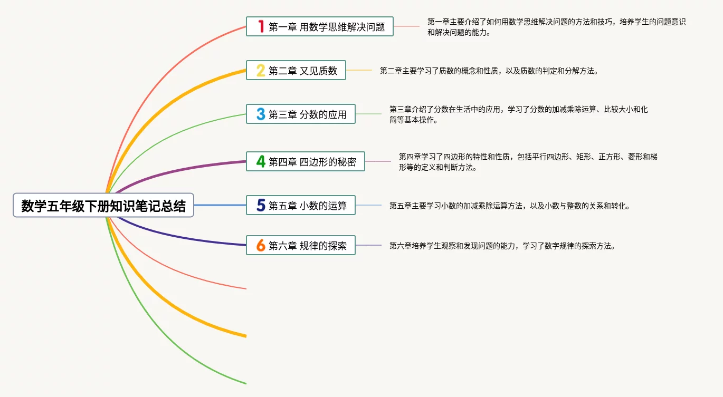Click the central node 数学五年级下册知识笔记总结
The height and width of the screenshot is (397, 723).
[x=103, y=205]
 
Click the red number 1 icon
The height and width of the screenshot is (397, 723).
[x=261, y=26]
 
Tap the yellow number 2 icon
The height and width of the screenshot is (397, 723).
[x=261, y=70]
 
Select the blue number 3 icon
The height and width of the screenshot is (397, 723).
[x=261, y=114]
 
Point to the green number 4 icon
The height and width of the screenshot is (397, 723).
[x=261, y=161]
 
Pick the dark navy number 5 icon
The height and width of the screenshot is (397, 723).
[x=261, y=205]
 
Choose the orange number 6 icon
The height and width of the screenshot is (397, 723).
[x=261, y=245]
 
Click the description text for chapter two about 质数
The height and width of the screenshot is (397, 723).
[x=489, y=71]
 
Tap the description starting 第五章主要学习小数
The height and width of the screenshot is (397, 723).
[x=510, y=206]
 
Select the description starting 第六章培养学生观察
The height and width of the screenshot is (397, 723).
[x=502, y=246]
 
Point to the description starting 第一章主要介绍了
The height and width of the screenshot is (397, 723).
[x=556, y=27]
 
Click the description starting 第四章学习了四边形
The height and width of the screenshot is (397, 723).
[x=528, y=162]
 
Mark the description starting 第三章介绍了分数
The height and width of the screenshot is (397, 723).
[x=518, y=114]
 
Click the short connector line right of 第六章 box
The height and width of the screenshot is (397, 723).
[x=368, y=245]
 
